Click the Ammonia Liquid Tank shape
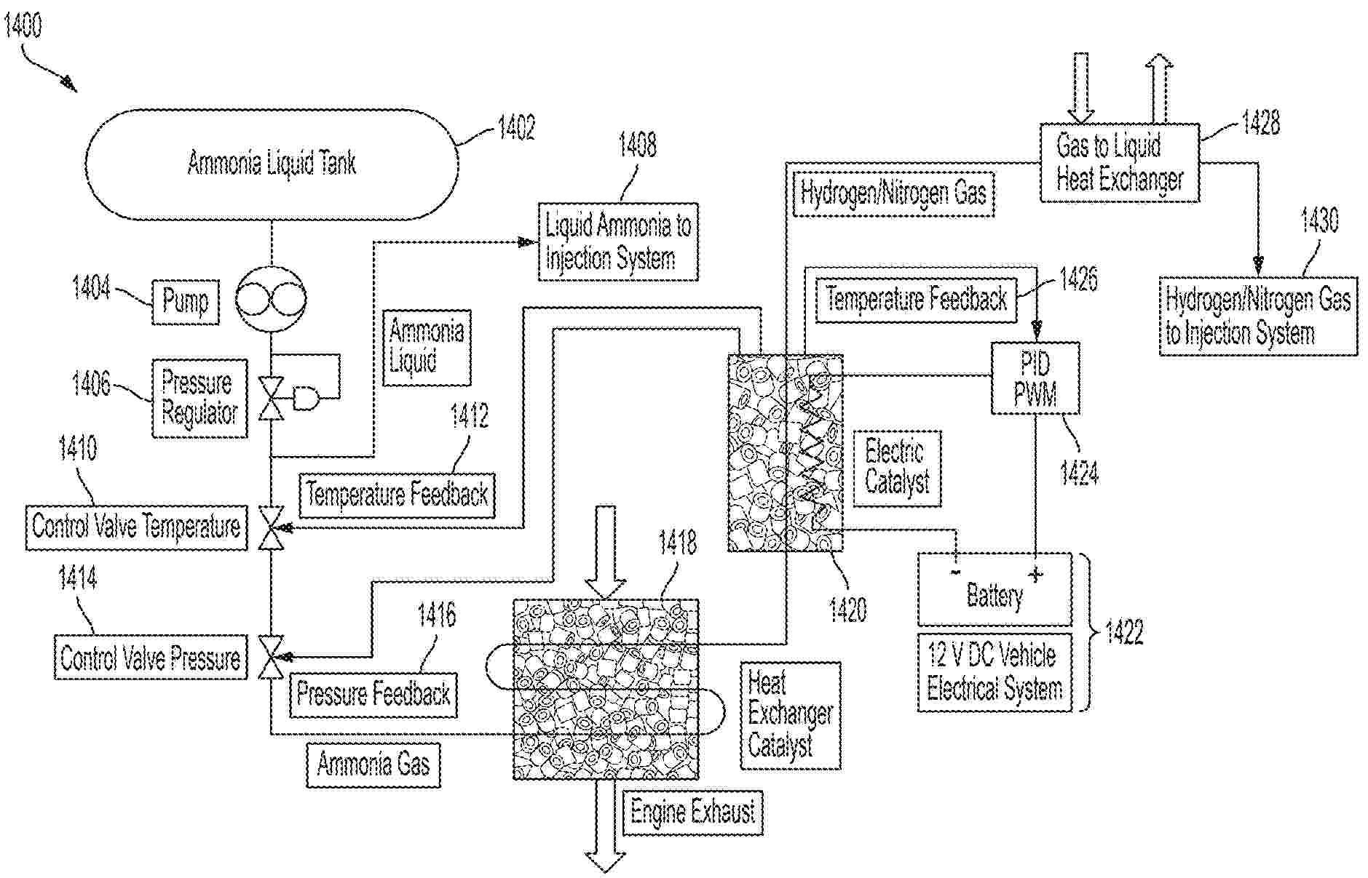pyautogui.click(x=272, y=164)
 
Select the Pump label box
pyautogui.click(x=186, y=301)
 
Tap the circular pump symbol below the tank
pyautogui.click(x=271, y=298)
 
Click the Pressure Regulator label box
pyautogui.click(x=199, y=398)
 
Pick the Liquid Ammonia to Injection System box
pyautogui.click(x=617, y=242)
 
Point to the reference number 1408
pyautogui.click(x=637, y=145)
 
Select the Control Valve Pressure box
pyautogui.click(x=151, y=658)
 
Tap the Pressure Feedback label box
pyautogui.click(x=373, y=694)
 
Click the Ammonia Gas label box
pyautogui.click(x=373, y=765)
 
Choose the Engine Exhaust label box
pyautogui.click(x=692, y=812)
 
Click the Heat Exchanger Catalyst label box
pyautogui.click(x=791, y=715)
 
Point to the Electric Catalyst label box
pyautogui.click(x=897, y=468)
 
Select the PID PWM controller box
pyautogui.click(x=1035, y=378)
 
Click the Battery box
pyautogui.click(x=995, y=589)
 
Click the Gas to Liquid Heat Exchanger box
pyautogui.click(x=1119, y=163)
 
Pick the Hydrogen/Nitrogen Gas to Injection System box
pyautogui.click(x=1257, y=316)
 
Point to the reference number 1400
pyautogui.click(x=23, y=26)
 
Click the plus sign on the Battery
pyautogui.click(x=1035, y=575)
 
